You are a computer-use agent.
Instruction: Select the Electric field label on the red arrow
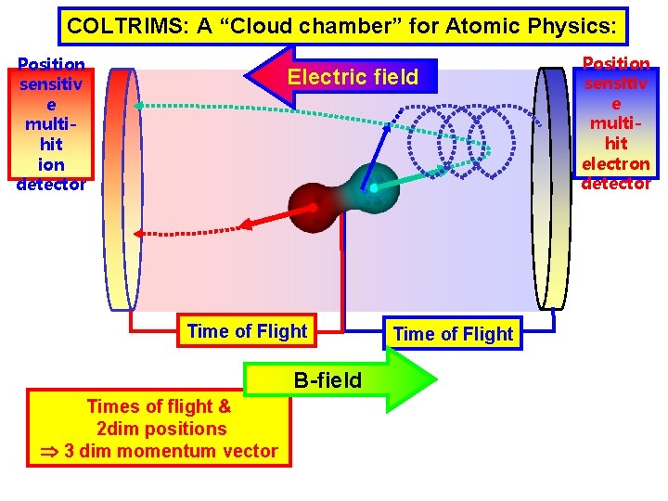tap(352, 77)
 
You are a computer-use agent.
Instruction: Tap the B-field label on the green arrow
tap(328, 379)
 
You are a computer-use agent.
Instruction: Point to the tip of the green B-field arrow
tap(435, 379)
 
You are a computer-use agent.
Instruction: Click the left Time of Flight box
tap(247, 331)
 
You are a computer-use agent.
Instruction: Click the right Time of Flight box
tap(454, 334)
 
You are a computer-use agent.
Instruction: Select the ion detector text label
tap(51, 123)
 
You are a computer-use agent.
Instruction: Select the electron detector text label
tap(615, 123)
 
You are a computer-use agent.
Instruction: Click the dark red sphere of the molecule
tap(311, 203)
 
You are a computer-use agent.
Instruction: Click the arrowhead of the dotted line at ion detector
tap(136, 106)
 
